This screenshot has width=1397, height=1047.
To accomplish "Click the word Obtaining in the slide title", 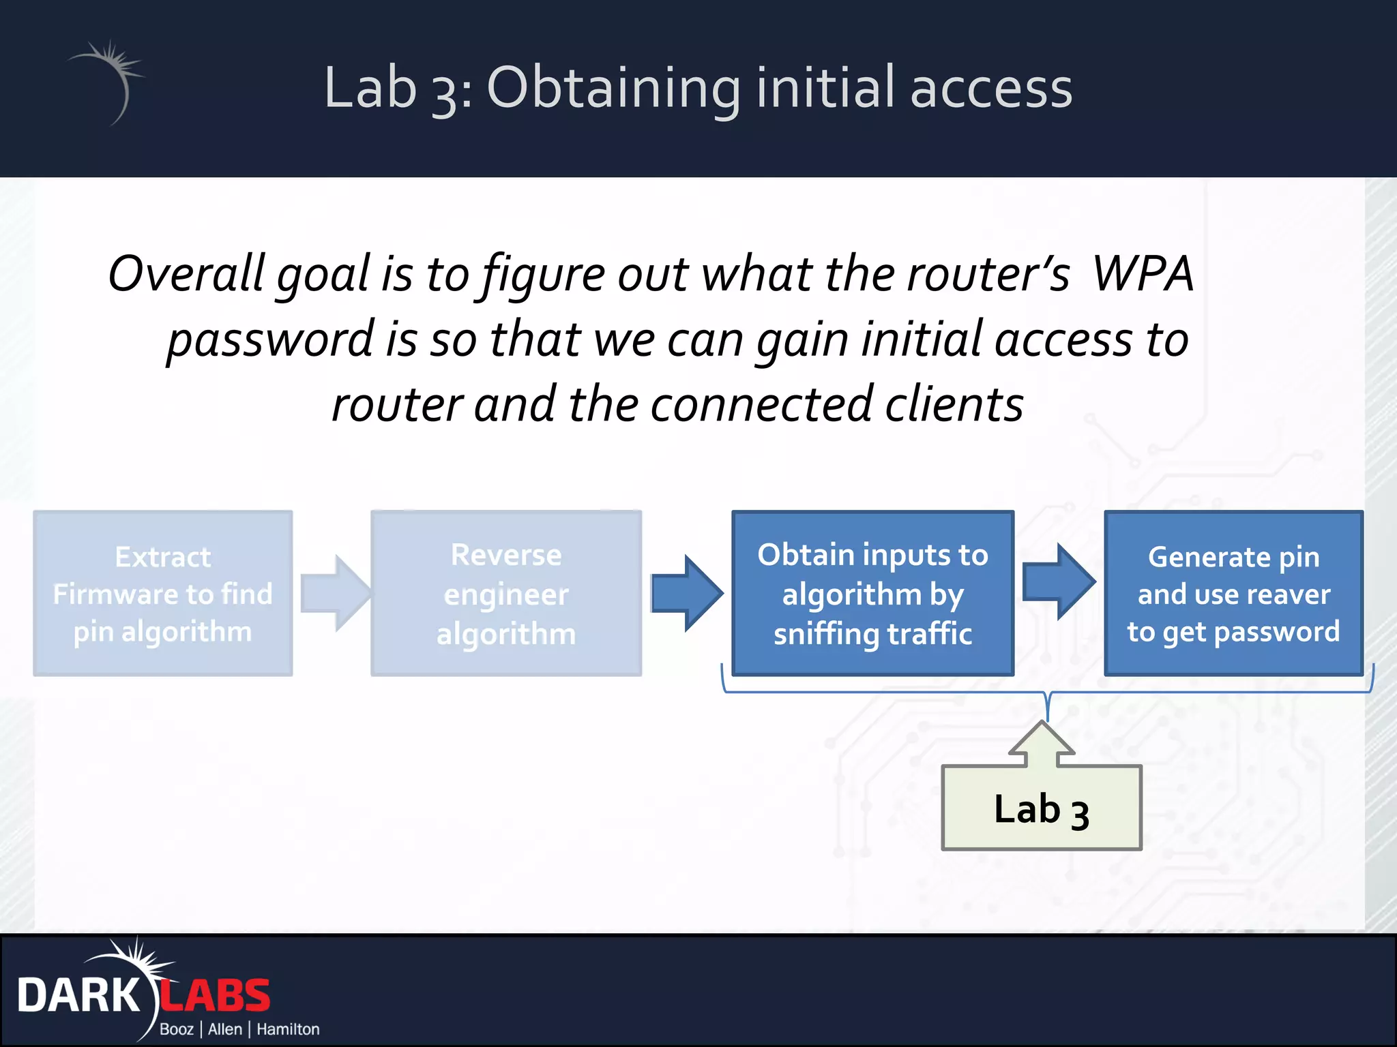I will (x=613, y=89).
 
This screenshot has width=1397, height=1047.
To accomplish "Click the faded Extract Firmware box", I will (x=163, y=593).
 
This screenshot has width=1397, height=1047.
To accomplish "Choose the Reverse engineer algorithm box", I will (x=506, y=593).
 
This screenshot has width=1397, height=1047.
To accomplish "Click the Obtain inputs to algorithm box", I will (x=872, y=593).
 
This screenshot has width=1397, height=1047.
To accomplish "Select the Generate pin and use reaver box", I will (x=1233, y=593).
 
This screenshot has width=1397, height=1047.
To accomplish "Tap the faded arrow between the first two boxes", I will (x=334, y=593).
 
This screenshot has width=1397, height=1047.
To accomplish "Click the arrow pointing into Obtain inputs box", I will (x=686, y=593).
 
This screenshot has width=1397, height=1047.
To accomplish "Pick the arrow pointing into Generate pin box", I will (x=1059, y=581).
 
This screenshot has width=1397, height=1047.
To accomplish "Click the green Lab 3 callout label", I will (x=1041, y=809).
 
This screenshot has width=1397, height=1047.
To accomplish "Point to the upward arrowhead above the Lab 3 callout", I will (x=1042, y=740).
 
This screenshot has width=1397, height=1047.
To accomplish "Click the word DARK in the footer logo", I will (x=78, y=996).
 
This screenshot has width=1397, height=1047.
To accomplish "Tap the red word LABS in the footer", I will (x=216, y=996).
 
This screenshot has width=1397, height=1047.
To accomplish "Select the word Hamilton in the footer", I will (x=288, y=1029).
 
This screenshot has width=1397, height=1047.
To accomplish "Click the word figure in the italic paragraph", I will (x=543, y=274).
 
